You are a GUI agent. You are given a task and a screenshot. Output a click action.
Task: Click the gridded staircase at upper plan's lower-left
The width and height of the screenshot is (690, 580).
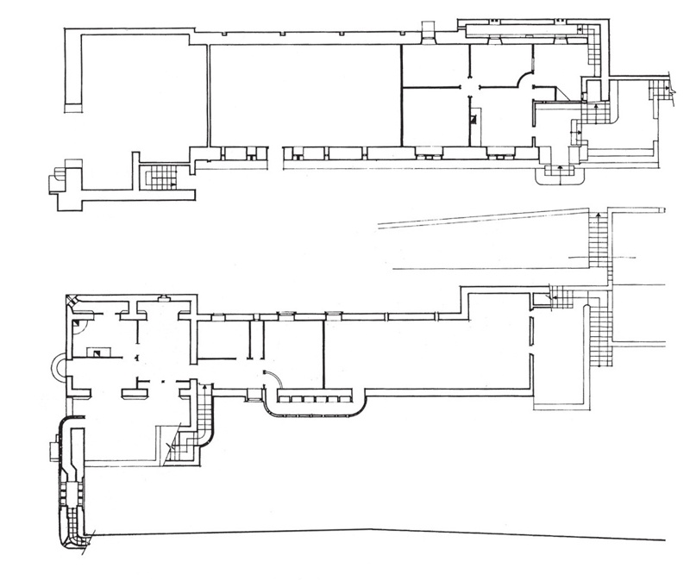point(158,177)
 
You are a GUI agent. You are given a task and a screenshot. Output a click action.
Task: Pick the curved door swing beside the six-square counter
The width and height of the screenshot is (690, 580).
point(270,379)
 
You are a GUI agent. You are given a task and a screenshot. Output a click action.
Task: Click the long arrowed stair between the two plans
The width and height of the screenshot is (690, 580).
point(597,241)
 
